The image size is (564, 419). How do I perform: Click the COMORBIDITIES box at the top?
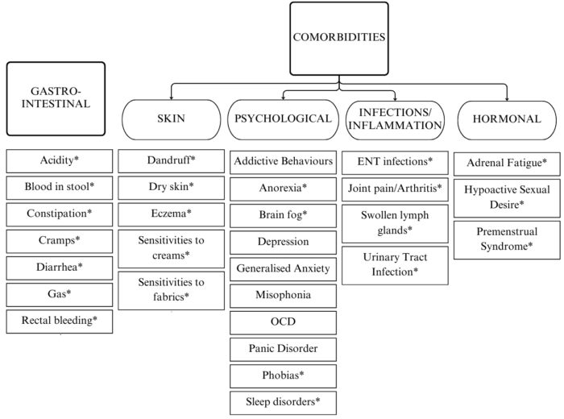pyautogui.click(x=340, y=37)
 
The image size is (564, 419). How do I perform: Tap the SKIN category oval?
pyautogui.click(x=170, y=119)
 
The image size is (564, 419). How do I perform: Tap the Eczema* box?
pyautogui.click(x=172, y=214)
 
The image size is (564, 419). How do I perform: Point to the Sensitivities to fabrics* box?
pyautogui.click(x=172, y=290)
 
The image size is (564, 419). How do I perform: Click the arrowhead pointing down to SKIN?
pyautogui.click(x=170, y=97)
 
